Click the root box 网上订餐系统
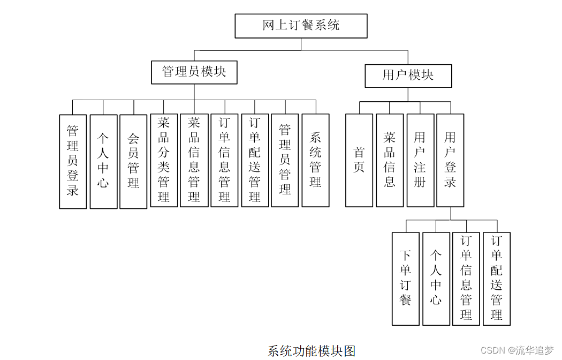(x=301, y=26)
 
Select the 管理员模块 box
(x=194, y=72)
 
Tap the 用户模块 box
(x=408, y=76)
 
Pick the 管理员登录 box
(x=73, y=161)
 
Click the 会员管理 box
(x=133, y=161)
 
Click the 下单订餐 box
(x=405, y=278)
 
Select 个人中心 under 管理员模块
(x=103, y=161)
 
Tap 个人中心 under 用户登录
(x=436, y=278)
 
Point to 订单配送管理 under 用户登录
(x=497, y=278)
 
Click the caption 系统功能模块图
(x=312, y=351)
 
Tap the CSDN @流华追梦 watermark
(x=517, y=350)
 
